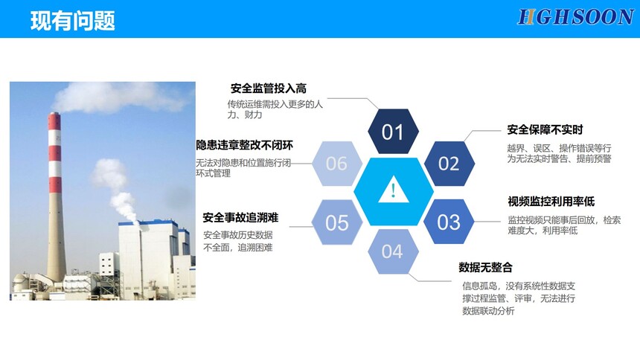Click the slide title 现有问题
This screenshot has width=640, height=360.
pyautogui.click(x=73, y=20)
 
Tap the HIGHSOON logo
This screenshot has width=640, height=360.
pyautogui.click(x=575, y=18)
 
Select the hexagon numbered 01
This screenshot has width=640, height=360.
pyautogui.click(x=393, y=132)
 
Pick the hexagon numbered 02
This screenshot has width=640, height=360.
pyautogui.click(x=449, y=164)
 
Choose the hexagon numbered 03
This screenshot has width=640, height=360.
pyautogui.click(x=449, y=222)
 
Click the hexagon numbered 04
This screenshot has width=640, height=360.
pyautogui.click(x=393, y=251)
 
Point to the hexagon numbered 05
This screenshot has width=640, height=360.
pyautogui.click(x=336, y=222)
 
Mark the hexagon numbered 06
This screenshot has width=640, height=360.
pyautogui.click(x=336, y=164)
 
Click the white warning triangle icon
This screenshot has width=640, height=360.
pyautogui.click(x=393, y=190)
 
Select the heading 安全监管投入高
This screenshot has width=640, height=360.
pyautogui.click(x=268, y=89)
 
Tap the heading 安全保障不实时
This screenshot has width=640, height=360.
pyautogui.click(x=545, y=130)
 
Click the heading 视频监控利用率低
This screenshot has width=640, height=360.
pyautogui.click(x=551, y=202)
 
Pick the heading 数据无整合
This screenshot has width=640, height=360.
pyautogui.click(x=485, y=267)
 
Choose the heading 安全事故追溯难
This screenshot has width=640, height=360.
pyautogui.click(x=240, y=217)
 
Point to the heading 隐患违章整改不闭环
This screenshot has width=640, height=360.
pyautogui.click(x=245, y=145)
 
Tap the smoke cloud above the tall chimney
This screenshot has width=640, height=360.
pyautogui.click(x=118, y=97)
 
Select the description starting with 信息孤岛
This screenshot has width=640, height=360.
pyautogui.click(x=519, y=298)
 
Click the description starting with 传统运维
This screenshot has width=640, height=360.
pyautogui.click(x=275, y=109)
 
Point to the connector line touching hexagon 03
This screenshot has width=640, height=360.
pyautogui.click(x=487, y=222)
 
